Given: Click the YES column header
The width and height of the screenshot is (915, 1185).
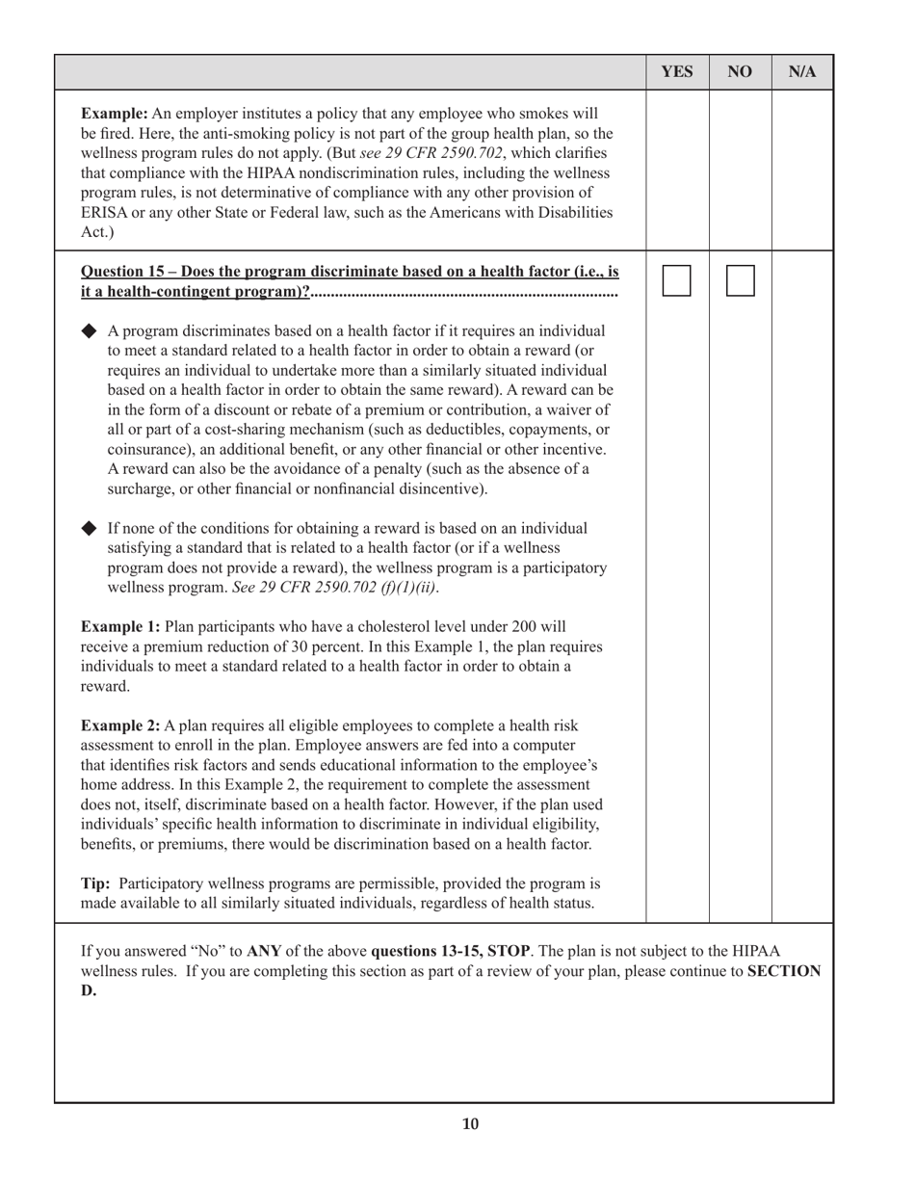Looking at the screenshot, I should coord(677,72).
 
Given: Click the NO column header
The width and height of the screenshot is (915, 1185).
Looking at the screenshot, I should coord(740,72).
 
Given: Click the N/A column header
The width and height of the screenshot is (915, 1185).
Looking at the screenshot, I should coord(802,72).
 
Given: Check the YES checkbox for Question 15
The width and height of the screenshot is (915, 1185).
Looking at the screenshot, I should coord(677,280).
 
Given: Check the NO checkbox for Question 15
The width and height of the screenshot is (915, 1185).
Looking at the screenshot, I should coord(740,280).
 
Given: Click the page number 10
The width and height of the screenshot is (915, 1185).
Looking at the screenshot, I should coord(470,1123).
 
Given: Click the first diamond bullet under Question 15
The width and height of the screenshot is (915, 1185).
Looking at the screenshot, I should coord(90,330).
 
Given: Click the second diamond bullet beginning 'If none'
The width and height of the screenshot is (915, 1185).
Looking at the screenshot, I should coord(90,528).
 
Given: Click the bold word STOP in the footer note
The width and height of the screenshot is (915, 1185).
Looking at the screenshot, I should coord(510,951).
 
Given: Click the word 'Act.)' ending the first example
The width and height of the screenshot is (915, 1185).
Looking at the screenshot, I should coord(97,232).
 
